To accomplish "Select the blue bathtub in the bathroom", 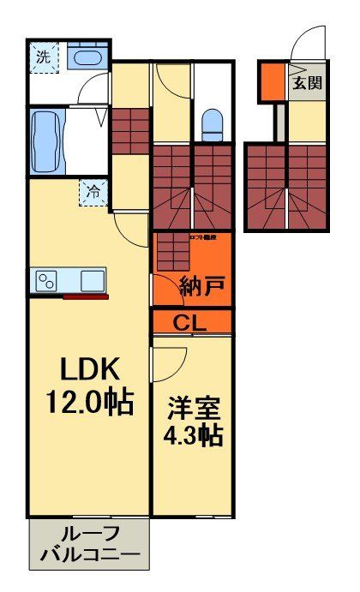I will (44, 141).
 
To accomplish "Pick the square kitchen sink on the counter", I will (91, 280).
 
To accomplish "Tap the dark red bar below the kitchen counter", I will (86, 297).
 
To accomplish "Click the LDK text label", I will (89, 369).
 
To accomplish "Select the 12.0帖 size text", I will (89, 401).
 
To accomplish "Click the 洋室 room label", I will (193, 405).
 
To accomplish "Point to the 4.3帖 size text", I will (193, 435).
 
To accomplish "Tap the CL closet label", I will (193, 322).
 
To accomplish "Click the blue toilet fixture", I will (212, 123).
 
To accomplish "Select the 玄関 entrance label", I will (306, 83).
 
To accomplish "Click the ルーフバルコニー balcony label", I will (90, 544).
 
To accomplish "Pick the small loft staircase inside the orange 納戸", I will (172, 254).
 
